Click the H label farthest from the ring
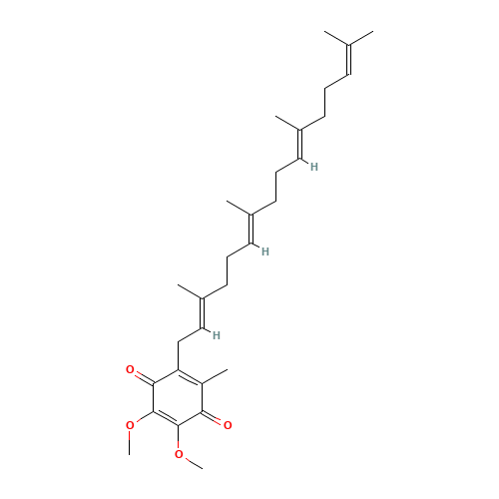[314, 167]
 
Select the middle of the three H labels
[265, 250]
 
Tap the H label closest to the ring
[217, 334]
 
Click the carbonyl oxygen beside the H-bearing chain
[130, 370]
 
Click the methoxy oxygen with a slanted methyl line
[179, 455]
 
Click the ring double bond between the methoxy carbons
[155, 420]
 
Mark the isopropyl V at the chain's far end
[349, 40]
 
